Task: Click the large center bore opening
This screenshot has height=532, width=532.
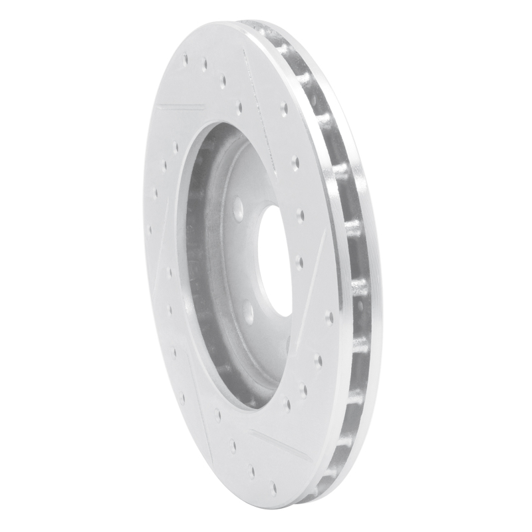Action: pyautogui.click(x=274, y=259)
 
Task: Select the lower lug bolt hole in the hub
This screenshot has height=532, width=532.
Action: pyautogui.click(x=247, y=311)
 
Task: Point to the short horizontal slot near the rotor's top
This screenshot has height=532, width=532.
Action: pyautogui.click(x=181, y=106)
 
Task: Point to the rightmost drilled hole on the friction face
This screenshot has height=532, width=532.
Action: pyautogui.click(x=329, y=318)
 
